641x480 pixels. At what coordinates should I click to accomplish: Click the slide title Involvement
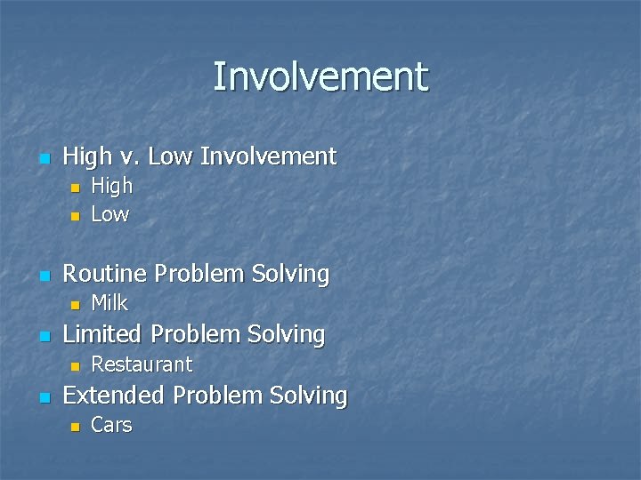coord(320,76)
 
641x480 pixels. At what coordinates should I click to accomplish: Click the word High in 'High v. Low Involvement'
coord(86,157)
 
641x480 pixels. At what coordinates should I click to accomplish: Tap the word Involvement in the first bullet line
coord(268,157)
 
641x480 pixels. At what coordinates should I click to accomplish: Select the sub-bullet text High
coord(112,186)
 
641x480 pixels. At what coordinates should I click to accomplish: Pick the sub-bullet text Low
coord(110,214)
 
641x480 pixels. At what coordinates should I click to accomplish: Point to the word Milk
coord(110,303)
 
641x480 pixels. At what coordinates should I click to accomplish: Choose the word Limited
coord(102,334)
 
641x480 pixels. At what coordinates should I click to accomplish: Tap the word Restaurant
coord(142,364)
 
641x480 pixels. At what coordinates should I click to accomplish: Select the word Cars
coord(111,425)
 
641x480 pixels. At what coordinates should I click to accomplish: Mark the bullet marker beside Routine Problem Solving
coord(43,276)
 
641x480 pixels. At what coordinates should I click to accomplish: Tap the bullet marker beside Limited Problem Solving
coord(43,336)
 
